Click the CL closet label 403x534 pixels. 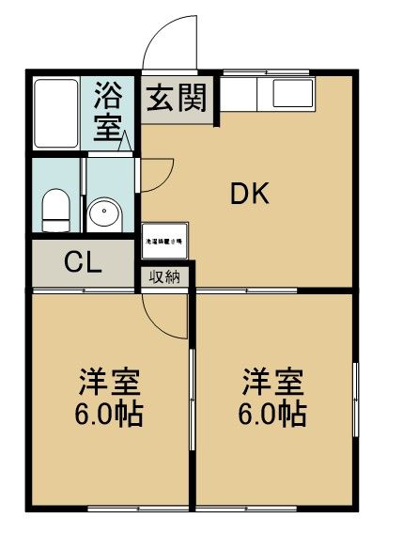point(83,263)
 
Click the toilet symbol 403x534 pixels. point(57,209)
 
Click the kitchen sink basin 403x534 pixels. point(293,93)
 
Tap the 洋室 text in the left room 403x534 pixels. point(109,383)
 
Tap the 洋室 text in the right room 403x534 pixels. point(272,383)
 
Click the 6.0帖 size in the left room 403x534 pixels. point(109,414)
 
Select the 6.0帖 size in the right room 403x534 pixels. point(272,414)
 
